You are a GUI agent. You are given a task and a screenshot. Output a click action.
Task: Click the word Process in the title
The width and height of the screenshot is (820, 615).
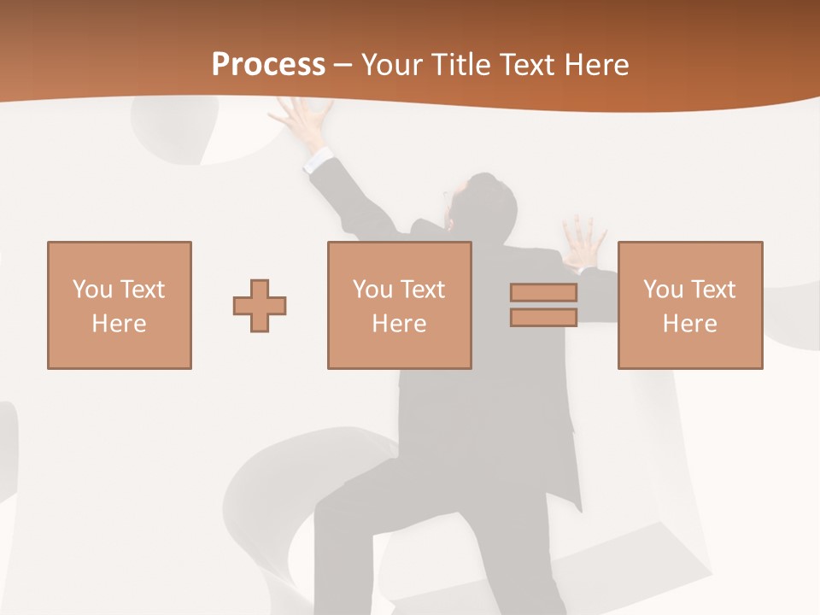268,65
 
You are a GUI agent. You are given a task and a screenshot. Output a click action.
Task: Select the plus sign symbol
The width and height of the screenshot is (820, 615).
260,306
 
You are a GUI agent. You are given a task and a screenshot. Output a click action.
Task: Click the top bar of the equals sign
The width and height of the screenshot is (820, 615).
543,293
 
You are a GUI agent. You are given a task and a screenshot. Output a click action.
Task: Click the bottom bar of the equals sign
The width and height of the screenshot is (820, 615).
543,318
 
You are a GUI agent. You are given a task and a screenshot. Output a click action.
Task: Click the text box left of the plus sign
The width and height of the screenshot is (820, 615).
119,305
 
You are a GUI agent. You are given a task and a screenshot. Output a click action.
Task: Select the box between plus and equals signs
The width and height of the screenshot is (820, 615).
399,305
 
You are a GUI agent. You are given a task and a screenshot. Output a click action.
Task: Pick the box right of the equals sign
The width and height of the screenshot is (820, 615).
689,305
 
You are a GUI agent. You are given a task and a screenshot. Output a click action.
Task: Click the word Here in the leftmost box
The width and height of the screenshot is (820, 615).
119,324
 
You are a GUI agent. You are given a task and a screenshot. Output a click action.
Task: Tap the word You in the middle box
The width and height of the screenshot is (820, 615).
372,290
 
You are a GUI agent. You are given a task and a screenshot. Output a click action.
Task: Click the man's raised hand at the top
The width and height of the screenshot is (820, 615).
304,120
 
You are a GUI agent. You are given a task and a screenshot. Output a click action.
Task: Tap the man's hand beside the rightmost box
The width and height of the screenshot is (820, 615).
585,241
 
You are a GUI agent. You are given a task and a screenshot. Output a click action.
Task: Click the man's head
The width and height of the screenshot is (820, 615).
482,205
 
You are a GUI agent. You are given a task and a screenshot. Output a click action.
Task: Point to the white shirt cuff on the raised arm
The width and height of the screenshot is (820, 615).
319,159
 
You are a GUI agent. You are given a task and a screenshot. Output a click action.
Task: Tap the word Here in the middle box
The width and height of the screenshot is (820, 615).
399,324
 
